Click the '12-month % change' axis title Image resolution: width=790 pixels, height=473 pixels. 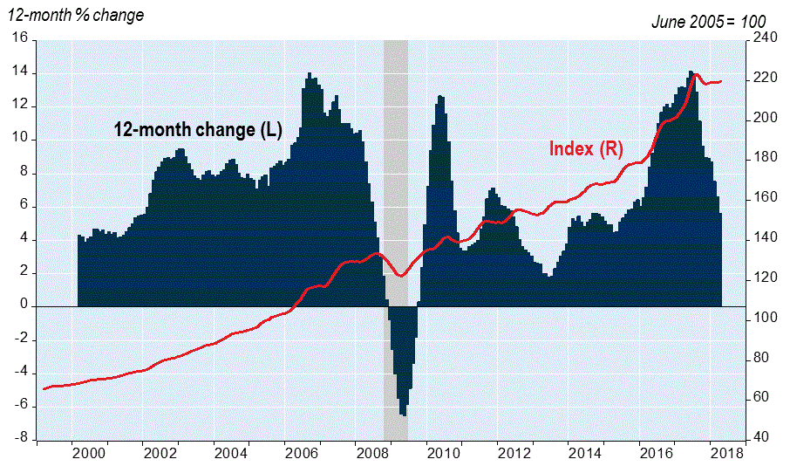76,16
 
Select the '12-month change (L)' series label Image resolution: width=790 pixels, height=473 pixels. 199,130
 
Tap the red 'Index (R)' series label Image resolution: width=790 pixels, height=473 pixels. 586,148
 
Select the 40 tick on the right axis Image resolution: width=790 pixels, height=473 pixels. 760,438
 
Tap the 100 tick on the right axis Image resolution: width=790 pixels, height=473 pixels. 764,319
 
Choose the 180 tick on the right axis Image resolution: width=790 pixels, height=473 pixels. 764,159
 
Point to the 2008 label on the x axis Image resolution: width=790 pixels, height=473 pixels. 373,454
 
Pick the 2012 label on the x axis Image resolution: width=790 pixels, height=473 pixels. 514,454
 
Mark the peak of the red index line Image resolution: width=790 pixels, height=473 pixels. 695,75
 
